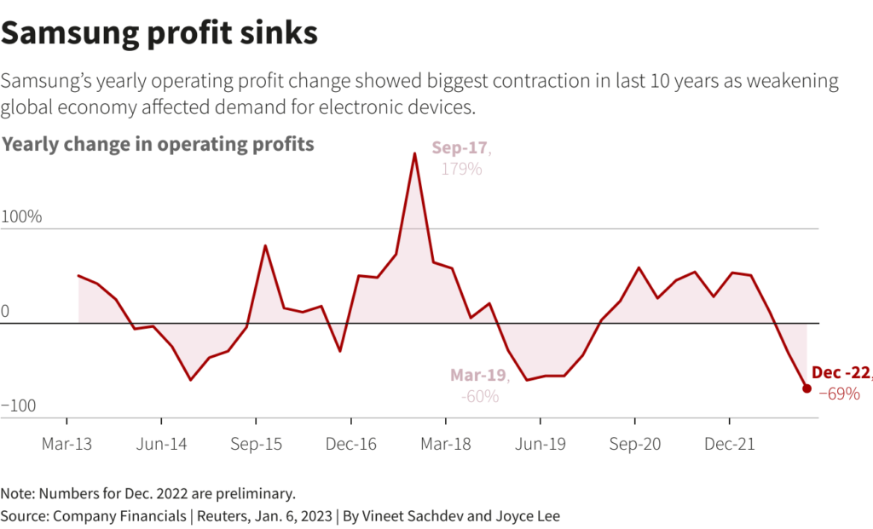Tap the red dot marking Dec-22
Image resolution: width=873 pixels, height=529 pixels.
coord(807,388)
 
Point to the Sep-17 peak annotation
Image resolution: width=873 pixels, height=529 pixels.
coord(460,148)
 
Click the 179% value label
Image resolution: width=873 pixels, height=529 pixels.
coord(461,169)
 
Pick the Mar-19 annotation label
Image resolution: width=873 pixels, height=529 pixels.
coord(478,375)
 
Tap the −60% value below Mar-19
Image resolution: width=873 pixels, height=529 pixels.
coord(479,396)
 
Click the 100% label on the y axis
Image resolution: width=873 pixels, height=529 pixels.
coord(21,216)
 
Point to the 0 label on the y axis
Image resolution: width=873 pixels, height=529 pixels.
coord(5,311)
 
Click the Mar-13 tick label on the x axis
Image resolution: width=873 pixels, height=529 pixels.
coord(66,444)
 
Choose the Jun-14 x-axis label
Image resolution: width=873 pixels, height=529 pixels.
coord(161,444)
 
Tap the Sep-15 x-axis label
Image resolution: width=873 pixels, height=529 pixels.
coord(256,444)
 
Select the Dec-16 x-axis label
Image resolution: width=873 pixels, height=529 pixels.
coord(350,444)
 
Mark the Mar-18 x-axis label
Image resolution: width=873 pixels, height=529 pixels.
coord(445,444)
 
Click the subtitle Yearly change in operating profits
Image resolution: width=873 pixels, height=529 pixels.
coord(158,144)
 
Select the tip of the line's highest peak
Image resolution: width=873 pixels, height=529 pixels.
coord(414,154)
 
